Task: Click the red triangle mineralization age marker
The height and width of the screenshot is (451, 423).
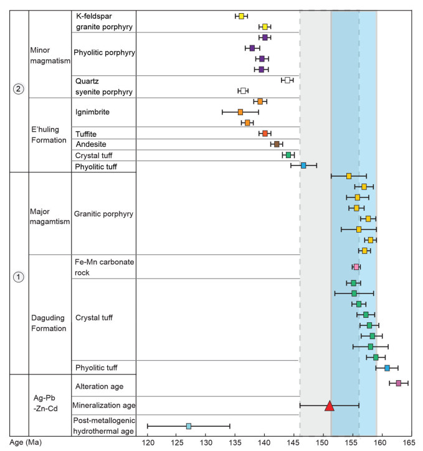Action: point(330,406)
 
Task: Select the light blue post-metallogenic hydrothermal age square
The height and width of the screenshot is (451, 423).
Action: point(189,426)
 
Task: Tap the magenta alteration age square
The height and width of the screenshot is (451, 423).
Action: point(399,383)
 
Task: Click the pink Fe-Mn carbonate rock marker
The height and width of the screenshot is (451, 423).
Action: point(356,267)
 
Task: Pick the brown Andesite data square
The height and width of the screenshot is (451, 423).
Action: point(277,144)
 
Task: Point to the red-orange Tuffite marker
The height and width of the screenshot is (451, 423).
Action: point(265,133)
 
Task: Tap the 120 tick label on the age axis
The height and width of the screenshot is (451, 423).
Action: point(148,442)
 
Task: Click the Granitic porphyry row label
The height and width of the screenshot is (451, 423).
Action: point(103,214)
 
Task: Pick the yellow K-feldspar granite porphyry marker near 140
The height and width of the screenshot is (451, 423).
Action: point(265,27)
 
